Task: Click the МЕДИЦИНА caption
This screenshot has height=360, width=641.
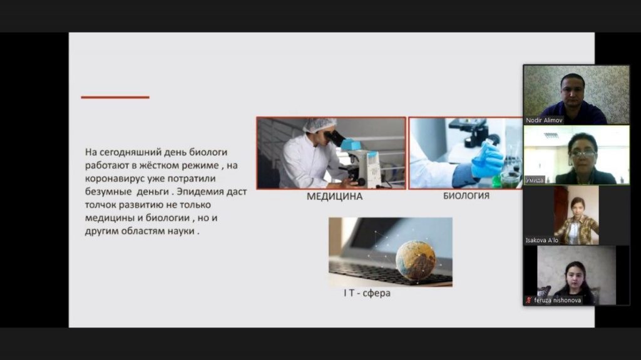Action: (334, 197)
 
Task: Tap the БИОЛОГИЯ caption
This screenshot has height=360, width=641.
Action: (466, 196)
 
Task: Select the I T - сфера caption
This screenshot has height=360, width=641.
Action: (367, 293)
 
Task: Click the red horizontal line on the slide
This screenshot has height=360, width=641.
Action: (115, 98)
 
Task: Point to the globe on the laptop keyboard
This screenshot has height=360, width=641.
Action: (416, 260)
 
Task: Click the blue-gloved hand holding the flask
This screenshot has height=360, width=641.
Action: (487, 160)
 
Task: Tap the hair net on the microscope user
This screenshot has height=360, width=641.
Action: (319, 125)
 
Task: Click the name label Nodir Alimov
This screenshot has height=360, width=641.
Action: (544, 120)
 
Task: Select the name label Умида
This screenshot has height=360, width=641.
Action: (535, 180)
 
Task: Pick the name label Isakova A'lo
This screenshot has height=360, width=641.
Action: (541, 240)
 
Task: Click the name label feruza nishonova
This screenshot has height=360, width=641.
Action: (557, 301)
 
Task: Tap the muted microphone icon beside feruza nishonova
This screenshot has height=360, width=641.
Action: (528, 301)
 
